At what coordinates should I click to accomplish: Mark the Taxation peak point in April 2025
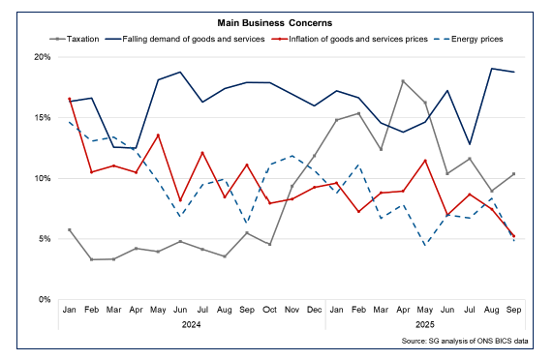[x=403, y=81]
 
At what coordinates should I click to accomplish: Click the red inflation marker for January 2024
[x=70, y=99]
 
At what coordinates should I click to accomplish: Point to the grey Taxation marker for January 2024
[x=70, y=229]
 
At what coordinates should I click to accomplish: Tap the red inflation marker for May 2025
[x=425, y=161]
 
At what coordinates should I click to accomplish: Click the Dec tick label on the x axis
[x=314, y=311]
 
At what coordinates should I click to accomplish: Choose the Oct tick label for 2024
[x=269, y=311]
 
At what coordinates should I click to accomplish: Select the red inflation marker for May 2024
[x=159, y=135]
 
